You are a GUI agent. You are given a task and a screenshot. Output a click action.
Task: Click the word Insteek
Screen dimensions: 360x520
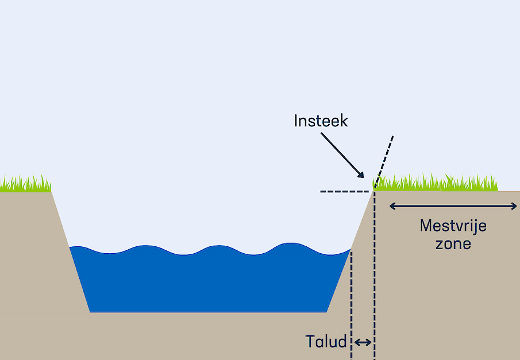321,121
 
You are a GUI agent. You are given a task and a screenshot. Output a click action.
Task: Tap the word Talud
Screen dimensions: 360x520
326,342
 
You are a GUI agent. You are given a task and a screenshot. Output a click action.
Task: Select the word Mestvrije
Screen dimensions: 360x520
453,226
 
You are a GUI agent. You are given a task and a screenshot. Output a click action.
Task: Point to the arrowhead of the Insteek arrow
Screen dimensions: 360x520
363,177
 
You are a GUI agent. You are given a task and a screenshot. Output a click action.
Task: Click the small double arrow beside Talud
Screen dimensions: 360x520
363,343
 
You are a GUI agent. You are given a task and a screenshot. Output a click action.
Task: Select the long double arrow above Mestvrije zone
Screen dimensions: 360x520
453,206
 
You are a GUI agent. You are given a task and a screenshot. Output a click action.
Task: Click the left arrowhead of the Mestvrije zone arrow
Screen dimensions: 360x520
391,206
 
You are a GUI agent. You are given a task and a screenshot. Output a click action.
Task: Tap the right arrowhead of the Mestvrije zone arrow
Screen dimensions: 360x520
515,206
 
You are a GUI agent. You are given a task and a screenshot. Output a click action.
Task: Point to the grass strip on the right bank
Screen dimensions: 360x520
437,183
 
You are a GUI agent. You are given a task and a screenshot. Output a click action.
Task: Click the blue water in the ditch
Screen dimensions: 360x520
207,281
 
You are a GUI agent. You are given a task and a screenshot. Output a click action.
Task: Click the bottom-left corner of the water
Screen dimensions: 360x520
91,311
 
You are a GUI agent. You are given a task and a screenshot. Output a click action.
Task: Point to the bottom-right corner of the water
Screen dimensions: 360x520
326,311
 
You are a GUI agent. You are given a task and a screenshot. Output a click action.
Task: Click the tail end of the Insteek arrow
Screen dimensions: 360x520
322,134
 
